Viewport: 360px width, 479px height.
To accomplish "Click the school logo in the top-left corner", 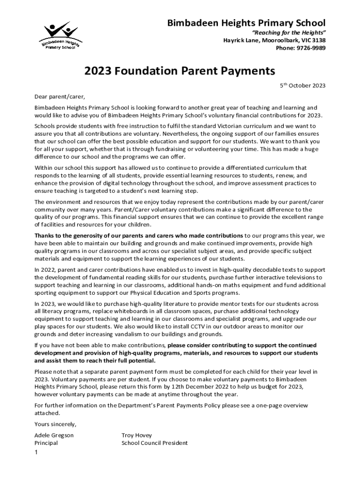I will (x=60, y=36).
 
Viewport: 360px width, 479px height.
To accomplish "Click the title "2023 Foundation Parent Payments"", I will (x=180, y=71).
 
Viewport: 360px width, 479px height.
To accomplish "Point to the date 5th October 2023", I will (x=302, y=86).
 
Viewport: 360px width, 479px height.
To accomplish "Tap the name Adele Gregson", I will (x=54, y=435).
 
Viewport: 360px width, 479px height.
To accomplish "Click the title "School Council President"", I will (x=154, y=443).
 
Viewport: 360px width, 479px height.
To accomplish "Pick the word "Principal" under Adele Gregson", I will (x=46, y=443).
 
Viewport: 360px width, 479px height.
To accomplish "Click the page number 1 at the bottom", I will (x=36, y=452).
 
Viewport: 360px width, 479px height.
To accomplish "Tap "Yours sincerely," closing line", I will (x=55, y=424).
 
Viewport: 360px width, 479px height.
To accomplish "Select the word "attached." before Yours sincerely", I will (x=47, y=414).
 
